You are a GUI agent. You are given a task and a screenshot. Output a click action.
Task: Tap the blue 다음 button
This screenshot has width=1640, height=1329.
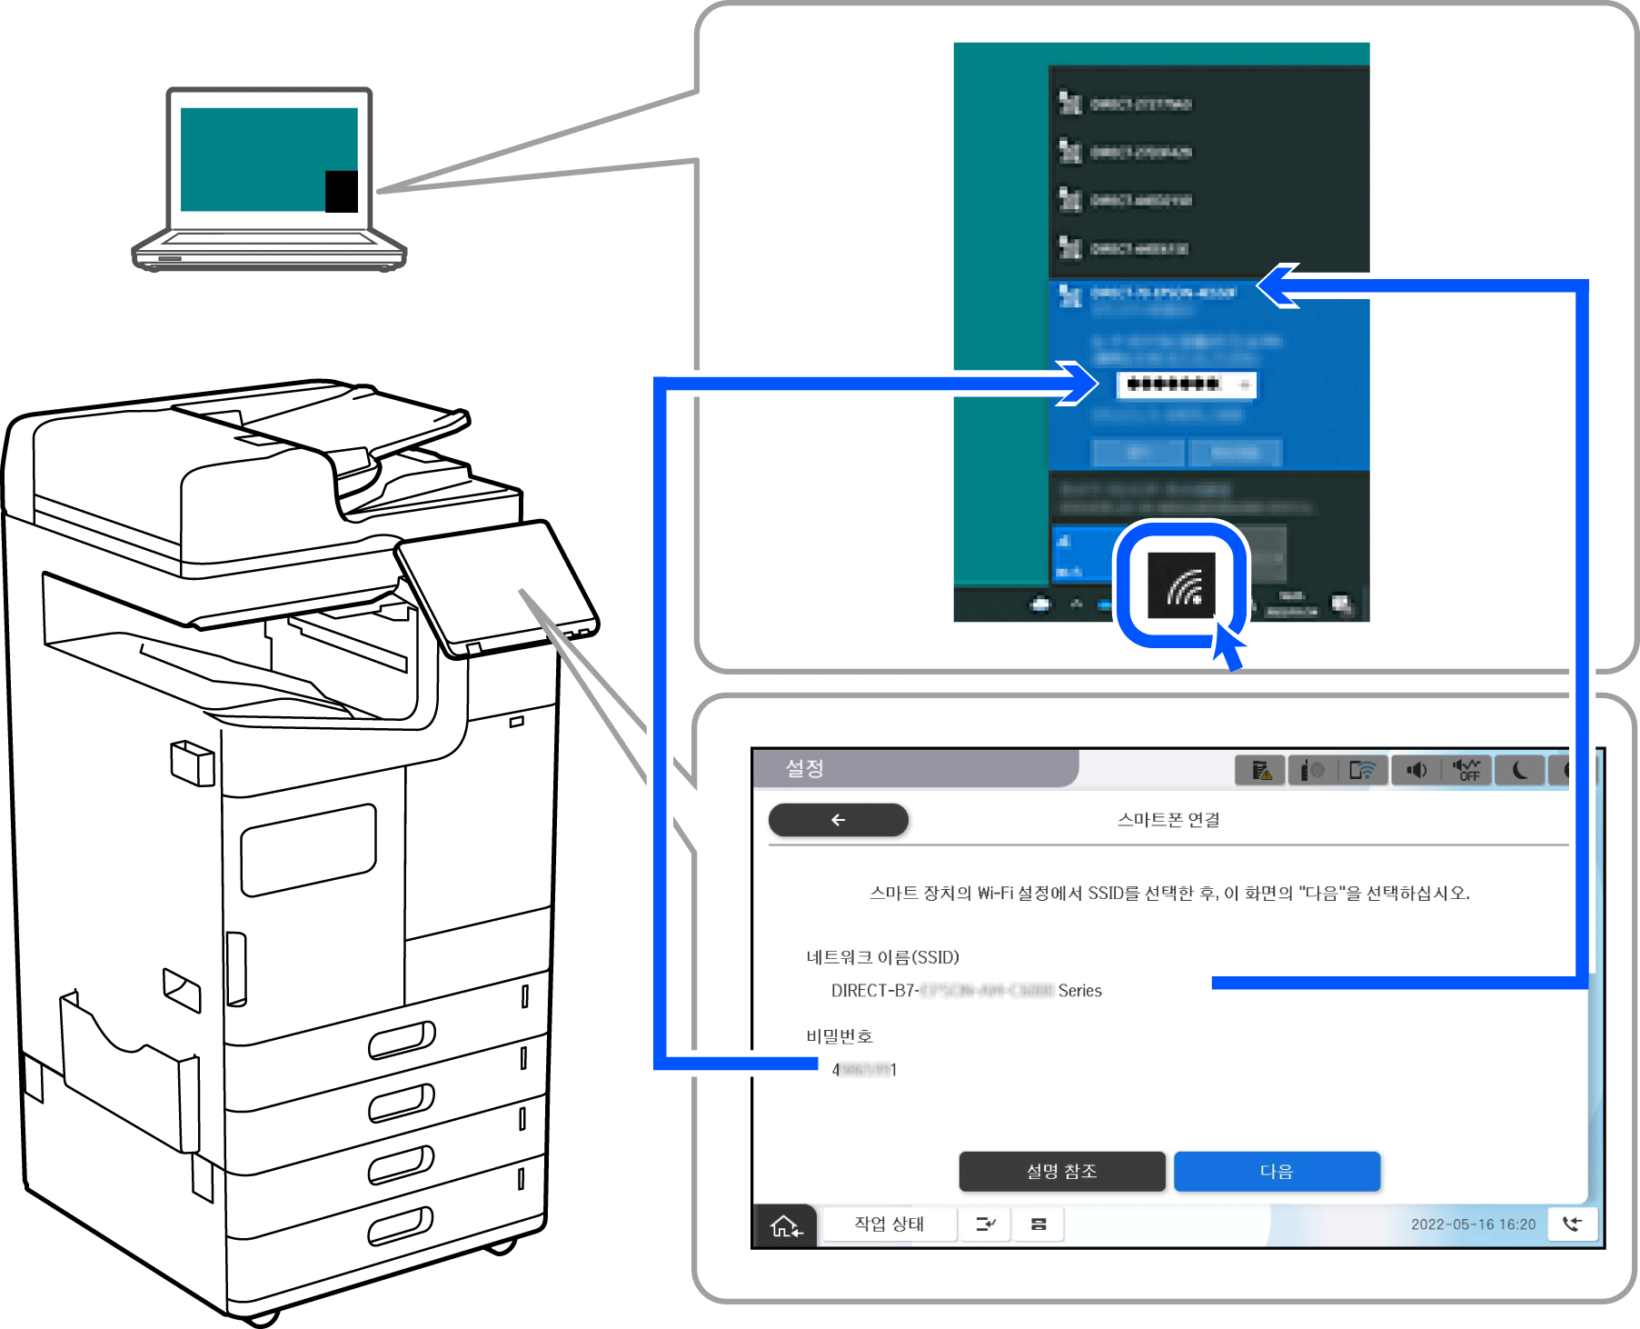click(1277, 1171)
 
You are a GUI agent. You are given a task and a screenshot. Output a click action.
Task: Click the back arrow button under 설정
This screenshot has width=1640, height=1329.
click(838, 819)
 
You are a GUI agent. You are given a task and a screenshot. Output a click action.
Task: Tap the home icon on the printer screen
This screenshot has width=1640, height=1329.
click(785, 1225)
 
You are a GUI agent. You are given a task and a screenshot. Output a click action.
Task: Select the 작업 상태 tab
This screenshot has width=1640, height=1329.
click(889, 1224)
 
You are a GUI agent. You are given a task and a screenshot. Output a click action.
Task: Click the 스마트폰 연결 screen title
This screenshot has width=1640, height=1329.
click(1168, 820)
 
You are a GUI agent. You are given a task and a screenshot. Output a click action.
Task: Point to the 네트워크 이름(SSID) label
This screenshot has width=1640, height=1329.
click(882, 957)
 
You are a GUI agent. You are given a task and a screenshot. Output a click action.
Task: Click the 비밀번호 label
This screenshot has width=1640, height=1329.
click(839, 1036)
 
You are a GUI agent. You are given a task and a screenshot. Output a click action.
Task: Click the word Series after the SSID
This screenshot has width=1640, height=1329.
click(1079, 991)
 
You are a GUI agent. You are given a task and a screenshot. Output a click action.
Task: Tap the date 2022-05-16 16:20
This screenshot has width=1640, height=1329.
click(1473, 1224)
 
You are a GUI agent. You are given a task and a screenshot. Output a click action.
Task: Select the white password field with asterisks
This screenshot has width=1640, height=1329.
click(1186, 385)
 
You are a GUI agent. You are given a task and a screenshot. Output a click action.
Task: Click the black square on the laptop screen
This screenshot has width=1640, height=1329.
click(342, 191)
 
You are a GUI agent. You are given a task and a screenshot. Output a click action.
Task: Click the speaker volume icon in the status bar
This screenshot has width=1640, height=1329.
click(1416, 771)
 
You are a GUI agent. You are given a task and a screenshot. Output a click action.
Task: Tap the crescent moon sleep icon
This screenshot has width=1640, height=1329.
click(1520, 771)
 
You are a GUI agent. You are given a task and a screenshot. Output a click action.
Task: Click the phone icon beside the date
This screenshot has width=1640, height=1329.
click(1572, 1224)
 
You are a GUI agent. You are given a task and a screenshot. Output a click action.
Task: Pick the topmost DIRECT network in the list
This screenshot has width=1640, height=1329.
click(1140, 105)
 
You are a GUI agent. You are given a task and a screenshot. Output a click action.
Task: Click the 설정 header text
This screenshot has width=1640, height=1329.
click(804, 769)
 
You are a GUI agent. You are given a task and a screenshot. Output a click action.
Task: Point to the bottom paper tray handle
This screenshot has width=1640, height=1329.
click(401, 1225)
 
